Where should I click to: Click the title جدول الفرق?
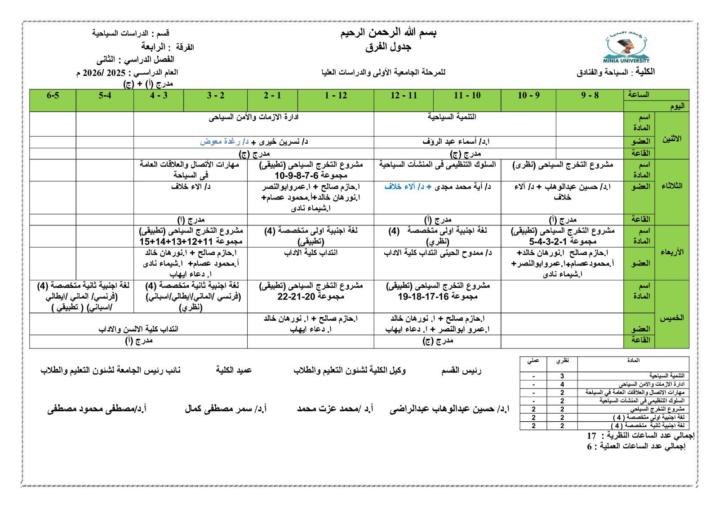coord(389,47)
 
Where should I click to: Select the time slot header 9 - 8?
coord(590,95)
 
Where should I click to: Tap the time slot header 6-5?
coord(53,95)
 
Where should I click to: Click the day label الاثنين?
coord(671,138)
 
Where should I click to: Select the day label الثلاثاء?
coord(671,186)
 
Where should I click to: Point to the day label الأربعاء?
coord(671,252)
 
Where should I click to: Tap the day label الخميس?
coord(671,318)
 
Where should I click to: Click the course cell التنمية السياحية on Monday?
coord(452,117)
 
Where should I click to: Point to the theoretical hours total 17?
coord(591,436)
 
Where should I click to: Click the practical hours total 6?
coord(590,446)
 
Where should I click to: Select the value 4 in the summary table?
coord(562,384)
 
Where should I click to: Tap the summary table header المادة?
coord(633,360)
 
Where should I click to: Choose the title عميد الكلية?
coord(234,370)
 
